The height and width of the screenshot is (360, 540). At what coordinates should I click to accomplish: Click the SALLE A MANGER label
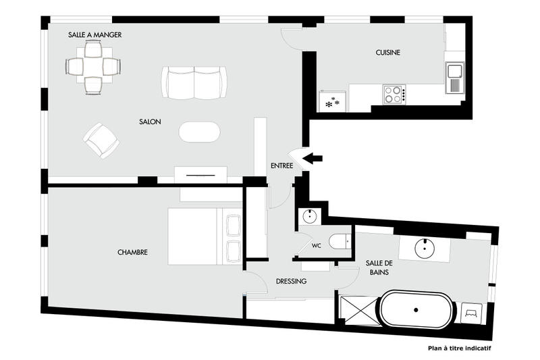pos(95,34)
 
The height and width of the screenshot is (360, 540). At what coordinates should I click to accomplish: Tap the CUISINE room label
pos(389,53)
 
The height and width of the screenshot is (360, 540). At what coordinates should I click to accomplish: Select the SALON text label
pos(149,122)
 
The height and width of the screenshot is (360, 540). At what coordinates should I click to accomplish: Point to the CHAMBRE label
pos(132,253)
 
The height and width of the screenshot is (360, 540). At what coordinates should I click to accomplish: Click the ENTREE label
pos(281,165)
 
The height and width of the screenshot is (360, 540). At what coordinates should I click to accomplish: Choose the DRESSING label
pos(292,282)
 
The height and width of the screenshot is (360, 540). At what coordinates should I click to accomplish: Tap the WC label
pos(315,245)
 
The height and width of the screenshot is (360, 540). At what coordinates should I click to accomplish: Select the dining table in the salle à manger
pos(94,66)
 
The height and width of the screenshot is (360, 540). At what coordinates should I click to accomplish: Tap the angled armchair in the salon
pos(101,140)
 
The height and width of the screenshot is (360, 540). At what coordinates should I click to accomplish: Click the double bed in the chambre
pos(202,236)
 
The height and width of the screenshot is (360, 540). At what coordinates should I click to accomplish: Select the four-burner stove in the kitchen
pos(394,94)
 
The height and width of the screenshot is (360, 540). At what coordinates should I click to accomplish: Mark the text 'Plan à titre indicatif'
pos(459,349)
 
